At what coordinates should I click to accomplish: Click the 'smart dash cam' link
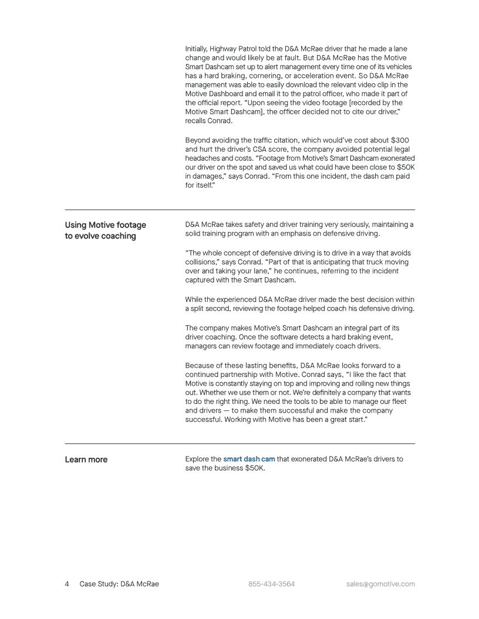(249, 459)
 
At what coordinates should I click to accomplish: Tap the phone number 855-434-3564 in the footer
(272, 584)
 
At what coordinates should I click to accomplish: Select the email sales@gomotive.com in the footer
(381, 584)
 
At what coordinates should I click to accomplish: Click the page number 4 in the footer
(67, 584)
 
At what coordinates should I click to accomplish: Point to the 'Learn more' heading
(86, 460)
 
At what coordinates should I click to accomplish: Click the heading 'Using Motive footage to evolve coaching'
(105, 230)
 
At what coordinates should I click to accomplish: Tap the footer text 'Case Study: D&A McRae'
(120, 584)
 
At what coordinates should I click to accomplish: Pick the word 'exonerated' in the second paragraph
(394, 158)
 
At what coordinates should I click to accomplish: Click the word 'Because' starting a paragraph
(201, 365)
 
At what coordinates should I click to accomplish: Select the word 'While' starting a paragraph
(194, 299)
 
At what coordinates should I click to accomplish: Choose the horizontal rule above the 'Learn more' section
(239, 443)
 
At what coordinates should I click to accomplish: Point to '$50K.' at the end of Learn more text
(255, 468)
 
